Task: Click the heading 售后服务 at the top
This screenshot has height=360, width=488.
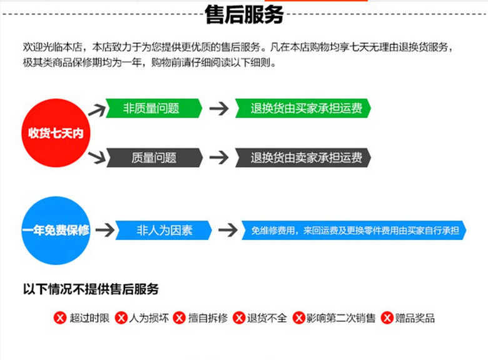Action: click(244, 14)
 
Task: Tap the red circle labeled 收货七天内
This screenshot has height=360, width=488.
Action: click(56, 133)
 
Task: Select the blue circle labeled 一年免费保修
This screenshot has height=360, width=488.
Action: click(56, 231)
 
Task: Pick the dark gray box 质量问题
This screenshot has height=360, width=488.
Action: click(154, 158)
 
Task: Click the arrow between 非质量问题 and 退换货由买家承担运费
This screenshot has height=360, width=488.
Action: click(219, 108)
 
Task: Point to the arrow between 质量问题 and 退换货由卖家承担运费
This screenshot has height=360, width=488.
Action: click(219, 158)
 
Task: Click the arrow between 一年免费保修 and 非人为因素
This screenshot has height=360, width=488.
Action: click(105, 230)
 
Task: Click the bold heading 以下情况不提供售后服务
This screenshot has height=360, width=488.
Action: click(91, 289)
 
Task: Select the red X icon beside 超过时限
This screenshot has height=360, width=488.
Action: click(60, 318)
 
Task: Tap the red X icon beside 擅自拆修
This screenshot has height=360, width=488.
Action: click(180, 318)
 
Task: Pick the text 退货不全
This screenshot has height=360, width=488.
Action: click(267, 318)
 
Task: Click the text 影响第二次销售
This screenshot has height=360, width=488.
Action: click(341, 318)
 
